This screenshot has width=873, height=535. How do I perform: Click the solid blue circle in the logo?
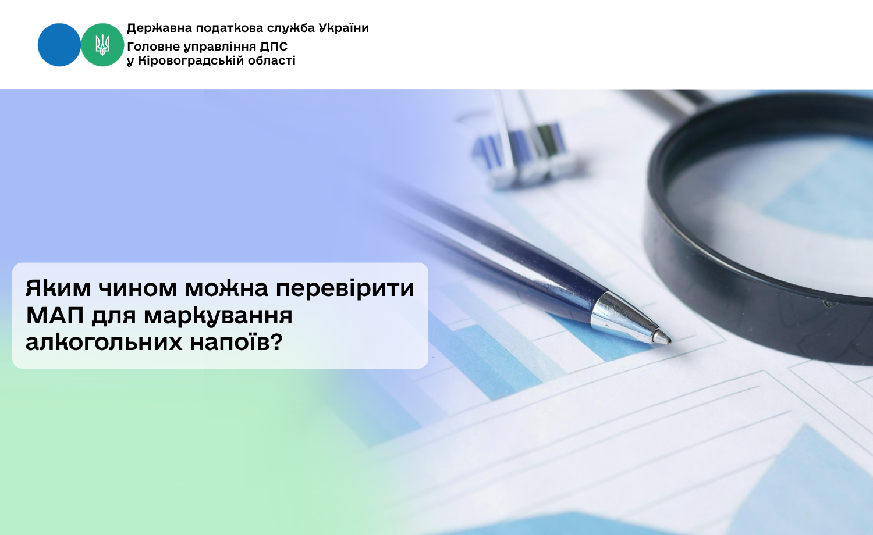(x=59, y=45)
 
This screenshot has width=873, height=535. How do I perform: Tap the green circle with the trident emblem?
(x=102, y=45)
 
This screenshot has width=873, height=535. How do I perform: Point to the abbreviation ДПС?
(x=274, y=47)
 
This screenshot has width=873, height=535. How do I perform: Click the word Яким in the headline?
(x=58, y=288)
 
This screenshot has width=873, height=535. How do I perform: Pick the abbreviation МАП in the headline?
(x=55, y=315)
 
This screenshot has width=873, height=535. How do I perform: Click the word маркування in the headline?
(x=218, y=316)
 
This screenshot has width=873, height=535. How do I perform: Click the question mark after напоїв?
(x=275, y=342)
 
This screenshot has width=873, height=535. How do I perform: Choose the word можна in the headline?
(x=226, y=288)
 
